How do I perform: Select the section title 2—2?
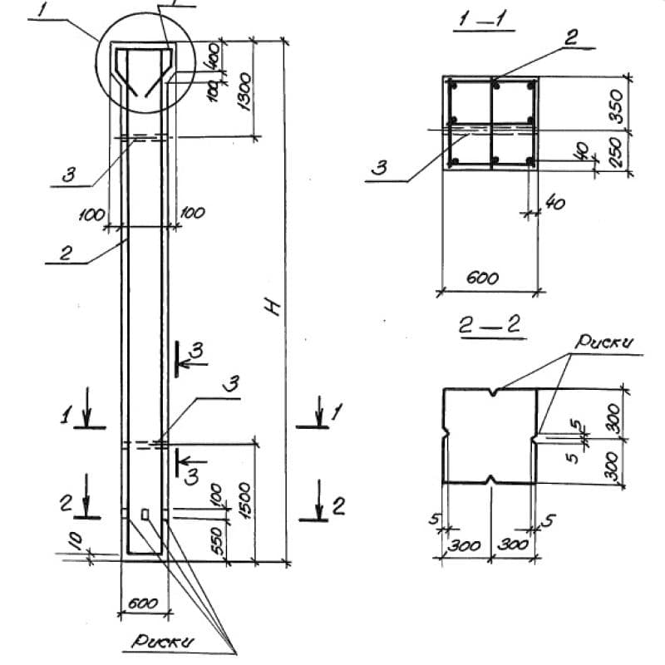[x=490, y=327]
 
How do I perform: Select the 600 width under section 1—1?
[x=482, y=278]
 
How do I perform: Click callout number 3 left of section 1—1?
[x=379, y=168]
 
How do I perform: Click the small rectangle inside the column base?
[x=145, y=515]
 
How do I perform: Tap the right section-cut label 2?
[x=338, y=506]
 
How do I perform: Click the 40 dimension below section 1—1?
[x=552, y=201]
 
